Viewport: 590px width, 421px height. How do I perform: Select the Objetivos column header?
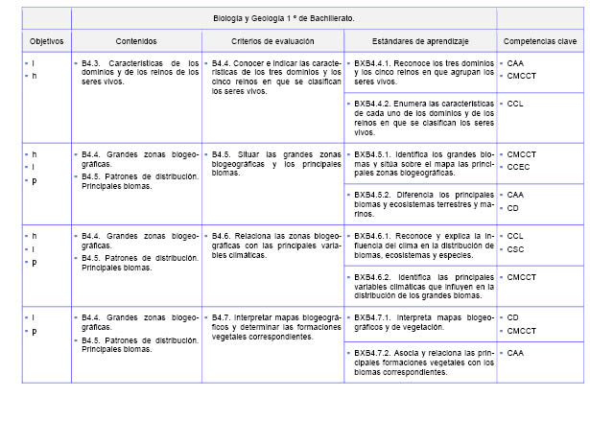(x=46, y=42)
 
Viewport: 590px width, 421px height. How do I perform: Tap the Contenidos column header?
(x=135, y=42)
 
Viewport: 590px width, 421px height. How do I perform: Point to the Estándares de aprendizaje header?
(x=419, y=42)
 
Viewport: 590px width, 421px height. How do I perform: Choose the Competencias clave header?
(x=538, y=42)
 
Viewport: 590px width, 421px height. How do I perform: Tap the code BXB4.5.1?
(x=375, y=153)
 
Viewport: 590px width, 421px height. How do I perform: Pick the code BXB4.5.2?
(x=375, y=194)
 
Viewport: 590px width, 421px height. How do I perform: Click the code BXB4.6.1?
(x=375, y=235)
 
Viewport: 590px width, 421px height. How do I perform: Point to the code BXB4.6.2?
(x=375, y=276)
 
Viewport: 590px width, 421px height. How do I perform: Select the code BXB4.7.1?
(x=375, y=316)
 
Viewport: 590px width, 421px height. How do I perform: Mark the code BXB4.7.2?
(x=375, y=354)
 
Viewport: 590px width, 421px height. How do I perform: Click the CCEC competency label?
(x=519, y=165)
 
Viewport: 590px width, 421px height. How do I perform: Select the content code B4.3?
(x=92, y=63)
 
